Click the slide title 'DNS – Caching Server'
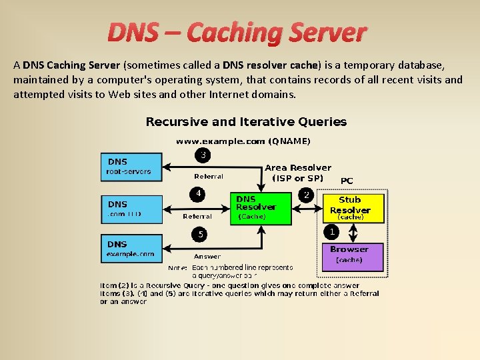[x=237, y=32]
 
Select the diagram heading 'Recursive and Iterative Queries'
[x=246, y=122]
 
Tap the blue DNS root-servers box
[x=131, y=167]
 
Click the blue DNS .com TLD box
[x=131, y=209]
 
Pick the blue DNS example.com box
[x=131, y=249]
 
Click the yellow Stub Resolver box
[x=353, y=208]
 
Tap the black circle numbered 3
[x=202, y=155]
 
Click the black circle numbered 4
[x=198, y=194]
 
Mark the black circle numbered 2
[x=306, y=195]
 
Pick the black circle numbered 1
[x=332, y=231]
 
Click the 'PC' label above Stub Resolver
[x=347, y=180]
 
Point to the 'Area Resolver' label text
[x=297, y=168]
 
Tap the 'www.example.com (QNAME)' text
[x=243, y=141]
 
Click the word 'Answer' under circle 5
[x=207, y=256]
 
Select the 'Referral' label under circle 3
[x=208, y=177]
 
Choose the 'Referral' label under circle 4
[x=197, y=216]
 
